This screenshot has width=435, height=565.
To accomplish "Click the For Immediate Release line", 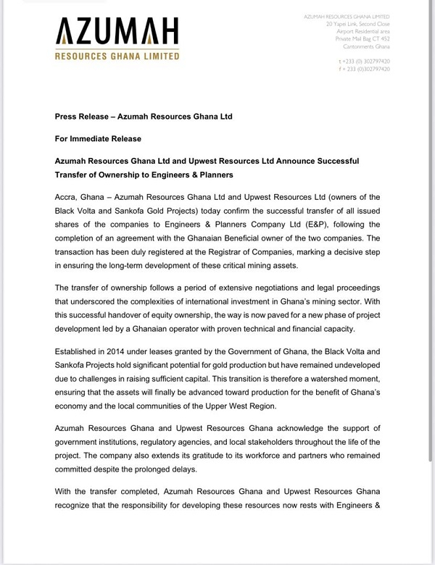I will point(98,138).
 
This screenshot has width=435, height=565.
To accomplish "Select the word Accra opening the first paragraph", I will point(69,197).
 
